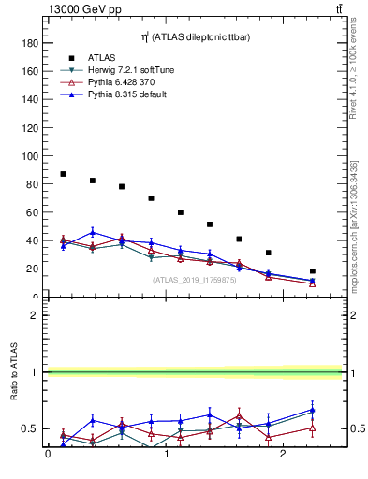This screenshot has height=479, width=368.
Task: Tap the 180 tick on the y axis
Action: (30, 43)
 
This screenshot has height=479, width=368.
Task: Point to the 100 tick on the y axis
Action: (30, 155)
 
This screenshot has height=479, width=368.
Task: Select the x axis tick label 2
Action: (286, 455)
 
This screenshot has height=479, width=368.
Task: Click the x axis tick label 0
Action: (48, 455)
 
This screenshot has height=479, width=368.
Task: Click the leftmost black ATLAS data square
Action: (63, 174)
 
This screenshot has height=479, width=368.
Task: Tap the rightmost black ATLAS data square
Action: (313, 270)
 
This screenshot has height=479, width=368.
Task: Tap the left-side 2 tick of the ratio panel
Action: (34, 315)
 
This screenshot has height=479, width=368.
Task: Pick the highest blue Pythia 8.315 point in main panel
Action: (93, 232)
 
